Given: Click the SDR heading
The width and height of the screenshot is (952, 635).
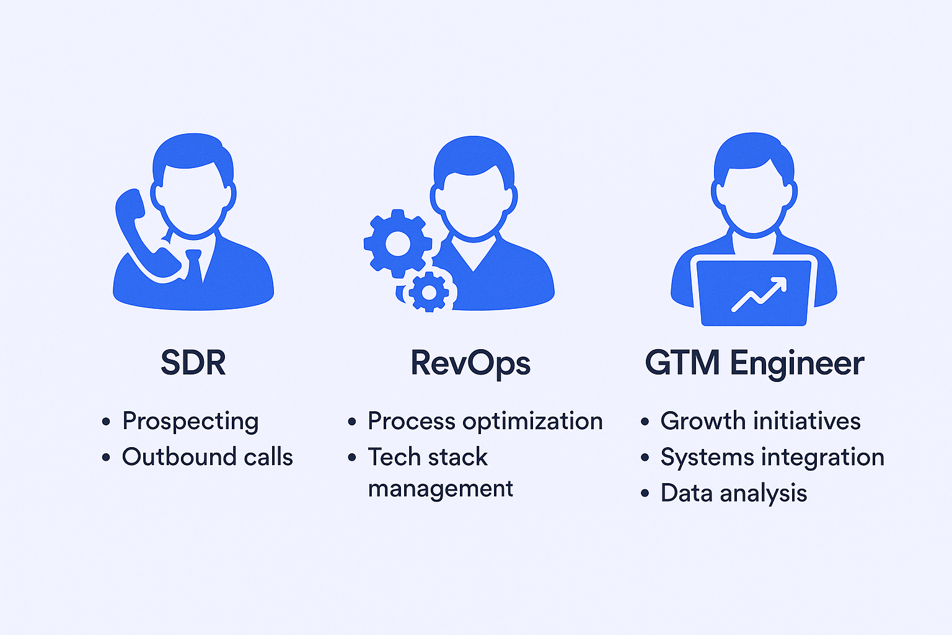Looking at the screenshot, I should (x=193, y=363).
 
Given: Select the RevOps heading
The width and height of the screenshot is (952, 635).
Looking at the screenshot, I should (x=470, y=363).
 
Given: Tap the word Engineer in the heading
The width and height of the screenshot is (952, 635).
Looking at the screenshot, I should (x=797, y=363).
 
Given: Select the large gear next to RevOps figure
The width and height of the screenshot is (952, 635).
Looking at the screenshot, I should (x=397, y=243).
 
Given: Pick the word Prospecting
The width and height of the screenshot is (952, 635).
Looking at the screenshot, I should (x=190, y=421).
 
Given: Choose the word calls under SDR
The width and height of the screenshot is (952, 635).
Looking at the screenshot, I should (x=268, y=457).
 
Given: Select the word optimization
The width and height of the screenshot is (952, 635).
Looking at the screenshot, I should (x=532, y=421).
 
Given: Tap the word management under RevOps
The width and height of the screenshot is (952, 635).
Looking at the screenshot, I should (x=440, y=489).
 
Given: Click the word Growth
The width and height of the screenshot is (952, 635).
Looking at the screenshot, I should (x=703, y=421).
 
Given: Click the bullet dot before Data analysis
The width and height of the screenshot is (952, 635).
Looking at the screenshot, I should (x=645, y=494).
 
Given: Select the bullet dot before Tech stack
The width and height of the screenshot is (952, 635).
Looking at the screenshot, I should (x=352, y=458).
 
